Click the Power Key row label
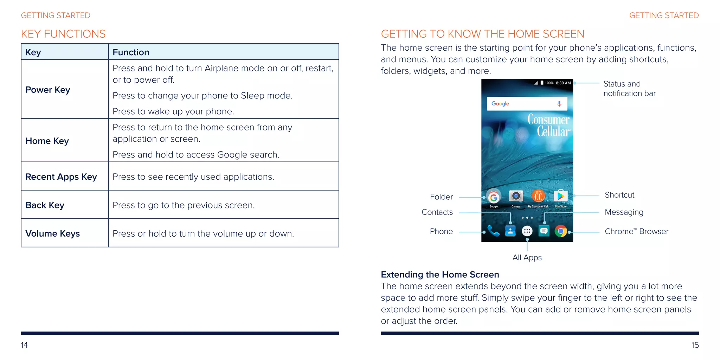tap(48, 90)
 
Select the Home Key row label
tap(47, 141)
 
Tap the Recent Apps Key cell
tap(61, 176)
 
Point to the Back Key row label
tap(45, 205)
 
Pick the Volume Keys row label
tap(53, 233)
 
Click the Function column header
tap(131, 52)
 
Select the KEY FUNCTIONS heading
tap(63, 34)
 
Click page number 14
tap(24, 345)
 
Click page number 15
tap(695, 345)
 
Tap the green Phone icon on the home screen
tap(494, 231)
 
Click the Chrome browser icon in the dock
tap(561, 231)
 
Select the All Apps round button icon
tap(527, 231)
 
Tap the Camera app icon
tap(516, 196)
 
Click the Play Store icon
tap(560, 196)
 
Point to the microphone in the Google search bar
tap(559, 104)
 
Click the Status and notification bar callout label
tap(629, 89)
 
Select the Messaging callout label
tap(624, 212)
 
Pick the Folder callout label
tap(441, 197)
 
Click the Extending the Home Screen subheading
tap(440, 274)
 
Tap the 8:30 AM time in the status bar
tap(563, 83)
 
